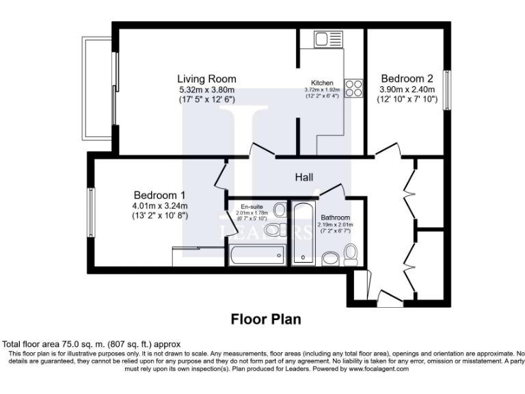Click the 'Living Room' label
coord(206,78)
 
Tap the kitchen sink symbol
coord(323,39)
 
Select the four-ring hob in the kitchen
coord(354,88)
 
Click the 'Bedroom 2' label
coord(407,78)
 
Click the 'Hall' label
coord(304,177)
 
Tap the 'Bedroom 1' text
coord(159,194)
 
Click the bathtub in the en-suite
coord(256,256)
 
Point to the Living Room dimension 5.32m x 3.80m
coord(206,90)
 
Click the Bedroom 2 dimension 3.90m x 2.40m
coord(407,90)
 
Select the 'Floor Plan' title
coord(265,319)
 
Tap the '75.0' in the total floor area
coord(68,344)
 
